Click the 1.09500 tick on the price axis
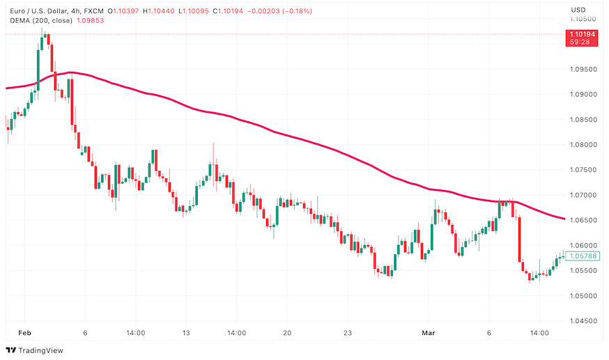click(x=584, y=69)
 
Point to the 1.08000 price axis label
click(x=584, y=145)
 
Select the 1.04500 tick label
click(x=584, y=321)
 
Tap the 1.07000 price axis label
click(x=584, y=195)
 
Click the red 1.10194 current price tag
click(x=583, y=33)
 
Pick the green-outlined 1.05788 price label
click(x=583, y=256)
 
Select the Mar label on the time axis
click(x=430, y=334)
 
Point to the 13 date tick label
click(x=186, y=334)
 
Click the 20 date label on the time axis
click(x=287, y=334)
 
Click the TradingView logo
click(x=34, y=350)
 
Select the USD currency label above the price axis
click(x=578, y=10)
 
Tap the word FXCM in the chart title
click(x=93, y=10)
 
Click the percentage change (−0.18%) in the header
click(x=298, y=10)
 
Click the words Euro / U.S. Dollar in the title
click(x=35, y=10)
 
